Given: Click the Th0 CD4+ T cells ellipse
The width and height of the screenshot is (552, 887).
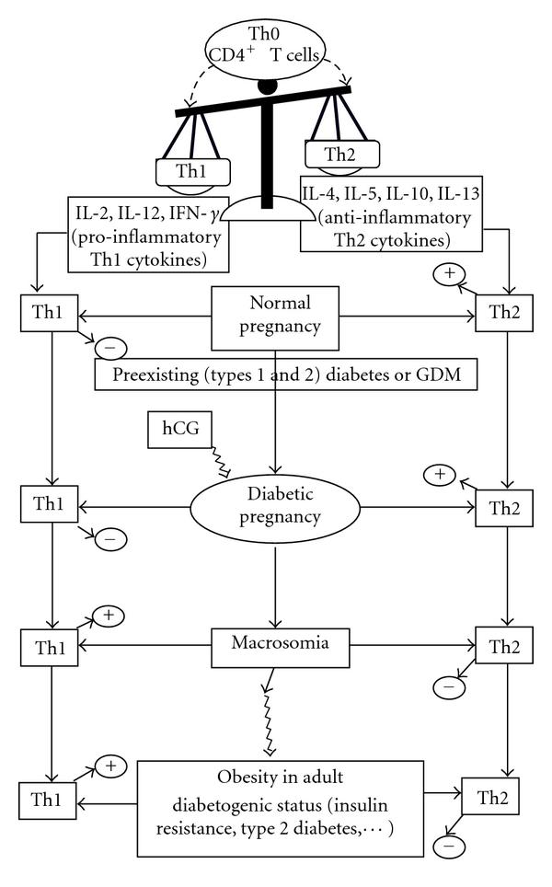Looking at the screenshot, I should [x=267, y=42].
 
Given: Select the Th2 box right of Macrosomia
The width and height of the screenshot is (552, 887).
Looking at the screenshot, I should [x=498, y=643].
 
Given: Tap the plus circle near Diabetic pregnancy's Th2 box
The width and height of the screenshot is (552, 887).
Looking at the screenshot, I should [x=440, y=475].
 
